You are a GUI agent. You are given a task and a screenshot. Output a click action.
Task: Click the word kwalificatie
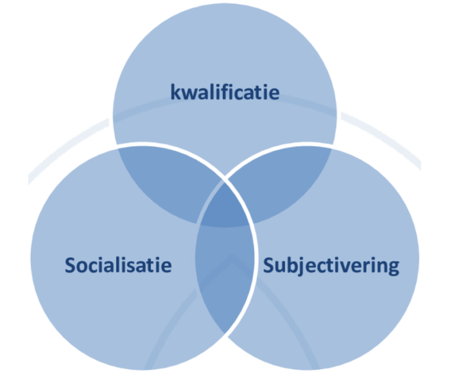tap(225, 93)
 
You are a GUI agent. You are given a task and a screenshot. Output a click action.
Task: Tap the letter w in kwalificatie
tap(188, 94)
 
